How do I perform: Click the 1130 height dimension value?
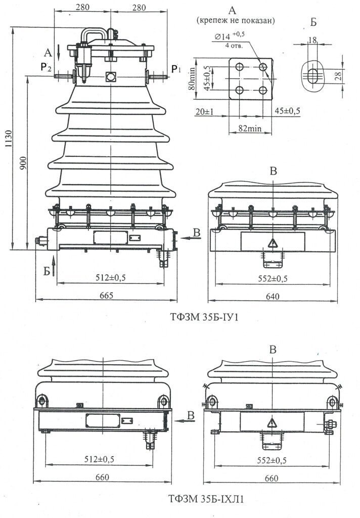tap(8, 139)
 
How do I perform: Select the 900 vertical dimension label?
tap(22, 163)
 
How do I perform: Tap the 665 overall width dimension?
tap(106, 295)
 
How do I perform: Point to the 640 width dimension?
tap(273, 296)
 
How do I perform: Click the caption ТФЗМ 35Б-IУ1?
tap(204, 317)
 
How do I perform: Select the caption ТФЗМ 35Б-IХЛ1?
tap(206, 499)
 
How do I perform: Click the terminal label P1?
tap(175, 69)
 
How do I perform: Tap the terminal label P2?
tap(46, 67)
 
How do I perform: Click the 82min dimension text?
tap(250, 128)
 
